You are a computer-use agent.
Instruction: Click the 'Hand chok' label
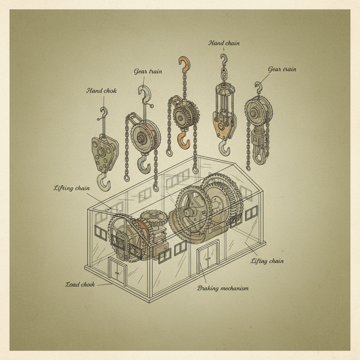[102, 91]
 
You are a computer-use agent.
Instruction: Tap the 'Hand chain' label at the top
[224, 43]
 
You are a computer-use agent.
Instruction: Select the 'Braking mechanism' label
[223, 288]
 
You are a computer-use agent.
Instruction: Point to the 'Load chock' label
[80, 285]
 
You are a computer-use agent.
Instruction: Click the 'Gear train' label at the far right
[282, 69]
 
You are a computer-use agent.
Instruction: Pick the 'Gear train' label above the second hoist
[148, 72]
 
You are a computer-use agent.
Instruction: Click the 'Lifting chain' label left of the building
[71, 188]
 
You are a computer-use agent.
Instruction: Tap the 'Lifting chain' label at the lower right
[267, 261]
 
